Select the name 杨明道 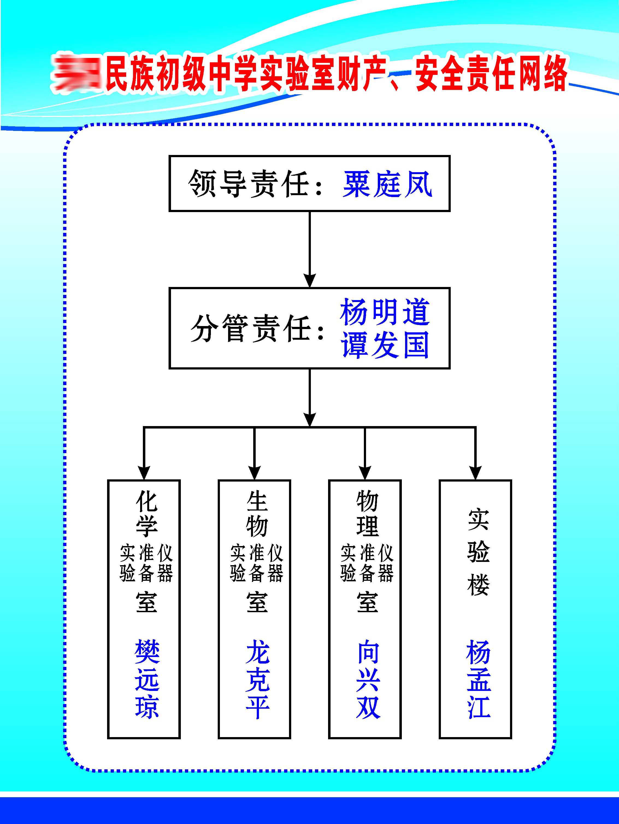385,312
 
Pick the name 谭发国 385,345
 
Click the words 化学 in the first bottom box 146,514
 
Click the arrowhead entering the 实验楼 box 475,472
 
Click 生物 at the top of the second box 257,514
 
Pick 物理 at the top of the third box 368,514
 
